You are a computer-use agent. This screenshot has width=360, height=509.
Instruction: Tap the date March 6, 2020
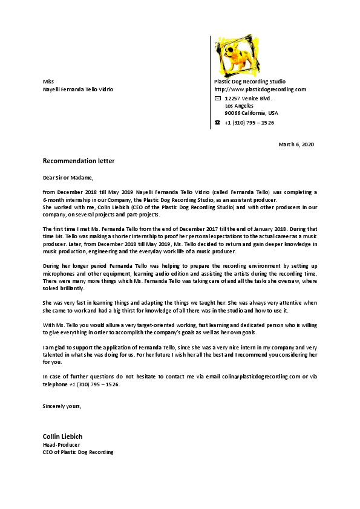296,144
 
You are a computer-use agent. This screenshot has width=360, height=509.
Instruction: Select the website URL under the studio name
260,89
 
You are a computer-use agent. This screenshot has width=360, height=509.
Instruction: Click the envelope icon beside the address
218,98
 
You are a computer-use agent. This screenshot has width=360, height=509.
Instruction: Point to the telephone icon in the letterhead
218,122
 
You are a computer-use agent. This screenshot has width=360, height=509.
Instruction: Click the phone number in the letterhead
249,122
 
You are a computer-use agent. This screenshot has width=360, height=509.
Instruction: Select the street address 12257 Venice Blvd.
248,98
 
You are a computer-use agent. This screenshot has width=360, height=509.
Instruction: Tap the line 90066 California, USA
251,113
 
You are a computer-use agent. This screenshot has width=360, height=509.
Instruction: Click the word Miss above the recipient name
48,81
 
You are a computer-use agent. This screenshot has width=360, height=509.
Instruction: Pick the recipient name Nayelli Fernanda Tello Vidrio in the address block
78,89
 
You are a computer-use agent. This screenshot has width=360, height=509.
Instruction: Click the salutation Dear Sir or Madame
68,178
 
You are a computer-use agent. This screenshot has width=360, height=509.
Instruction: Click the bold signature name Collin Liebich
62,436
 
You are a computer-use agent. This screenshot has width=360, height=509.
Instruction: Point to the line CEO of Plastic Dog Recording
78,452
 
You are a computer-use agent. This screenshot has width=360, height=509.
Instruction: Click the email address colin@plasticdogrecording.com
260,377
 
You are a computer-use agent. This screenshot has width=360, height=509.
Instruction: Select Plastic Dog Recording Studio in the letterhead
250,81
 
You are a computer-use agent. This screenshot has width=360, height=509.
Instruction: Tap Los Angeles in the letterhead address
240,105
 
